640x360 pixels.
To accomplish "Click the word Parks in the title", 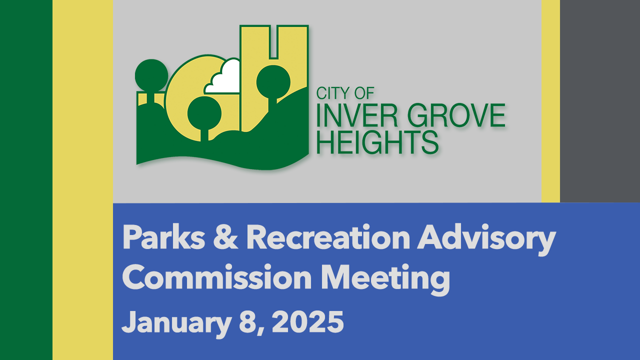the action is coord(163,237).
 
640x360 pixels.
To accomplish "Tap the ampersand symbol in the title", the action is coord(225,237).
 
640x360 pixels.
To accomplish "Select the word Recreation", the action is coord(328,237).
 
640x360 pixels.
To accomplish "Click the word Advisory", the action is coord(486,240).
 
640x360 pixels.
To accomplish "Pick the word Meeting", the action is coord(385,279).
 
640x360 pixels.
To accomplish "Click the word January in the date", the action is coord(176,323).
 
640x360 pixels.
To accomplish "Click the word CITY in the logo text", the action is coord(333,93).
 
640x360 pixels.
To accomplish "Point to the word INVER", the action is coord(357,115).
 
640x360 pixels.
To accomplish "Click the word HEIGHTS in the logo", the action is coord(377,142).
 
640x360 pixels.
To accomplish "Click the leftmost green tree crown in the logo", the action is coord(151,75).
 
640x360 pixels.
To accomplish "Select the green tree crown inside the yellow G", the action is coord(204,113).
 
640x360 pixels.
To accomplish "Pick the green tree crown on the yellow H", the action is coord(273,82).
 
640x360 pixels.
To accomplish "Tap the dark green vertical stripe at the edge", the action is coord(26,180).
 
